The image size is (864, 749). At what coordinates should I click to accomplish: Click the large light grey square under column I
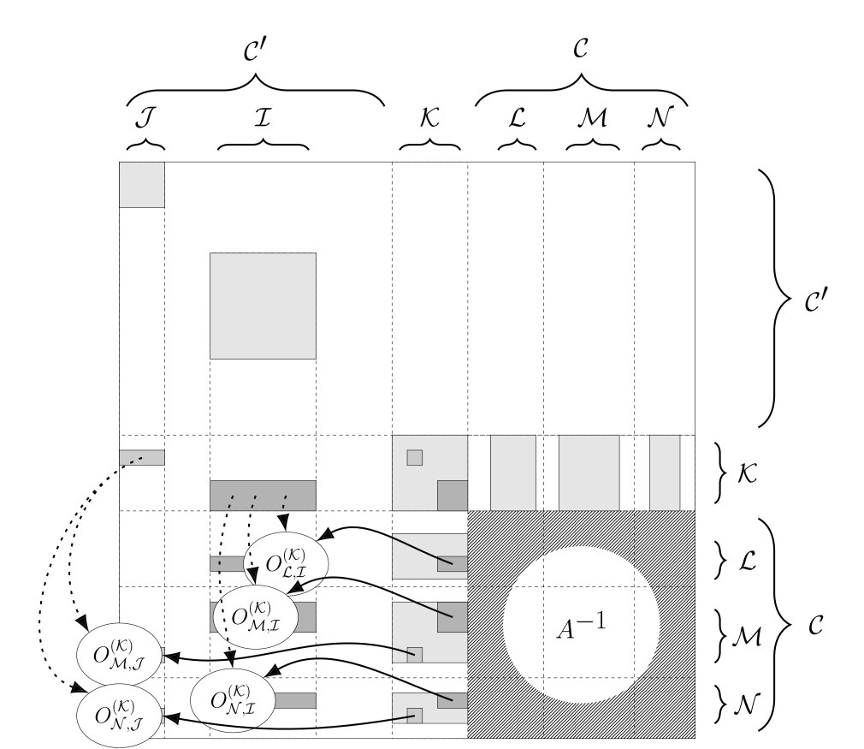pos(263,306)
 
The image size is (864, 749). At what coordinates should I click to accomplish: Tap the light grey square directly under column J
pos(142,184)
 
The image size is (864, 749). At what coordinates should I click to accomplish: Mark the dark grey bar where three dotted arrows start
pos(263,495)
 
